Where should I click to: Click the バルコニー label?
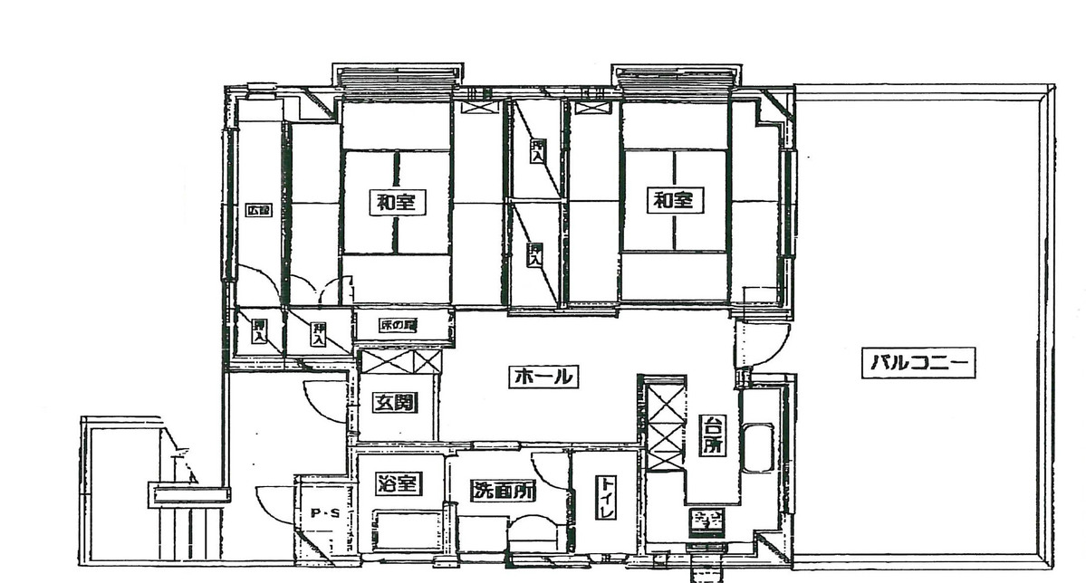(920, 364)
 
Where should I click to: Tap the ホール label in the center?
(543, 376)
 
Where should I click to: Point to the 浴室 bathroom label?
(398, 484)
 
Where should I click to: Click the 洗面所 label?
(504, 491)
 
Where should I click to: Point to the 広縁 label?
(259, 210)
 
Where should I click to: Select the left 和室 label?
(397, 201)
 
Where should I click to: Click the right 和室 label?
(674, 200)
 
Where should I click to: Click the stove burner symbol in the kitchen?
(706, 521)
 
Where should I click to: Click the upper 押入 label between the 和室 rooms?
(538, 151)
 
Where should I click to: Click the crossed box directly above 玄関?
(400, 360)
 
